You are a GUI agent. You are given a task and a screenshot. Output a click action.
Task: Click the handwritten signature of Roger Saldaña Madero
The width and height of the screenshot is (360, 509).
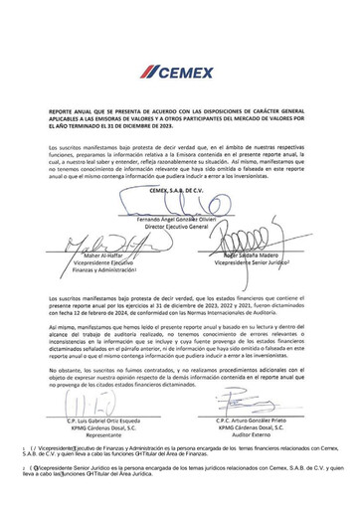261,265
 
